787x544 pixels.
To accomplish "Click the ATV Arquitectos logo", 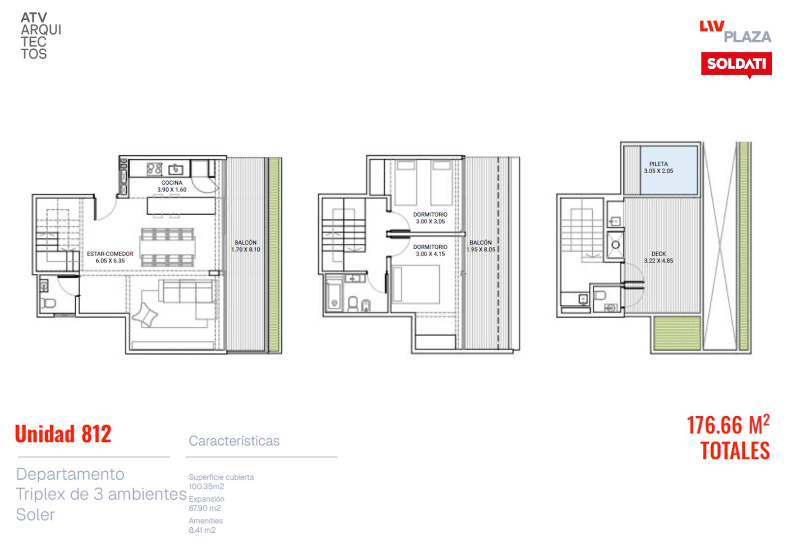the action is click(x=41, y=36).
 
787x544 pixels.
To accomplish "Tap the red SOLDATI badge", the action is click(x=736, y=64).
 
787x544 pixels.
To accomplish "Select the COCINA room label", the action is click(x=172, y=182).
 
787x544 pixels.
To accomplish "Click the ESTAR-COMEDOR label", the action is click(x=110, y=254).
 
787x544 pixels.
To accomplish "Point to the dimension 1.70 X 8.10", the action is click(x=245, y=250).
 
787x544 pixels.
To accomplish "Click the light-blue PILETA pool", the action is click(x=669, y=170).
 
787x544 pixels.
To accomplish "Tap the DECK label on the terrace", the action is click(x=659, y=254).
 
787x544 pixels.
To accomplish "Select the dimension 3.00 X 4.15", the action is click(x=430, y=254).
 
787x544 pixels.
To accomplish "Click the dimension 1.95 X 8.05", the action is click(x=481, y=250).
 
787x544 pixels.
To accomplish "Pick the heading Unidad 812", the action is click(x=63, y=434).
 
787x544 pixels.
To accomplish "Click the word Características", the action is click(x=234, y=441).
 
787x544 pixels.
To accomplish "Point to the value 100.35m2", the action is click(x=206, y=487).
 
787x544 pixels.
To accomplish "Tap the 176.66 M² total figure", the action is click(x=728, y=425).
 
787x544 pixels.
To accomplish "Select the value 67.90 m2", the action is click(x=205, y=508).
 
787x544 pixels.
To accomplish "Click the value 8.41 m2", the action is click(x=202, y=530).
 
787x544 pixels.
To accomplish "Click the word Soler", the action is click(x=35, y=515).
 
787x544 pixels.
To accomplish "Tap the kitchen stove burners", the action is click(x=154, y=169).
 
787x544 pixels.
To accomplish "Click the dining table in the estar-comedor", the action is click(x=168, y=248).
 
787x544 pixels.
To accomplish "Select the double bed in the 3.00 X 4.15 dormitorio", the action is click(x=416, y=284).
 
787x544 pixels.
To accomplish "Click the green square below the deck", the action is click(x=677, y=333).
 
